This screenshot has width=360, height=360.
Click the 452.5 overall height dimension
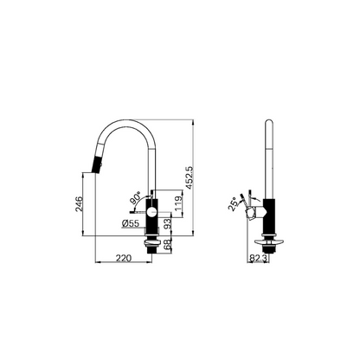190,178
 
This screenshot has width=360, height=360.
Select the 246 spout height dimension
79,204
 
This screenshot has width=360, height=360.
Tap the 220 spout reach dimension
124,258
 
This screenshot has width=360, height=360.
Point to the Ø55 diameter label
131,223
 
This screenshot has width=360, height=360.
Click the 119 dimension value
178,203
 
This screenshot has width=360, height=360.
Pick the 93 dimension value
167,223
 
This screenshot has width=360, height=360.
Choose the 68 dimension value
167,245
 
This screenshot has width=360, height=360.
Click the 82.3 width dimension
258,259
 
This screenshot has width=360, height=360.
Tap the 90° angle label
135,197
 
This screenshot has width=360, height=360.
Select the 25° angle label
233,204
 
